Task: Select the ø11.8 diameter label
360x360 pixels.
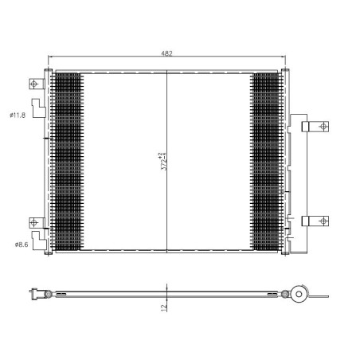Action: tap(18, 115)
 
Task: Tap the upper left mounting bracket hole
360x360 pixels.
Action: tap(33, 84)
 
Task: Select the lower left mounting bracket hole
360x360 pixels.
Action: tap(33, 222)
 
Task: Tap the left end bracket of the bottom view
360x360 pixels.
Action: tap(35, 294)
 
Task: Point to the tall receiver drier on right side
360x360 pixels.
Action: tap(295, 179)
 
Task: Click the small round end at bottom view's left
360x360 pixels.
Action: tap(49, 294)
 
